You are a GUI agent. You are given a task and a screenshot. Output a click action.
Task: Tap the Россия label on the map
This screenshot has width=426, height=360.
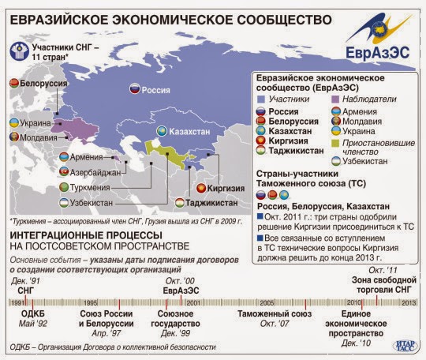156,91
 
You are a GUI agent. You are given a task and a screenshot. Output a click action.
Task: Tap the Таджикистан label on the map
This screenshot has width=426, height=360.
213,203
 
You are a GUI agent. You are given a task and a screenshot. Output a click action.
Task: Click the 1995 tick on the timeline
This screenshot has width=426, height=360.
92,302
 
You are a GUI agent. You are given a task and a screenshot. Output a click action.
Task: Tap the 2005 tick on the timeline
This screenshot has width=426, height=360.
267,302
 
